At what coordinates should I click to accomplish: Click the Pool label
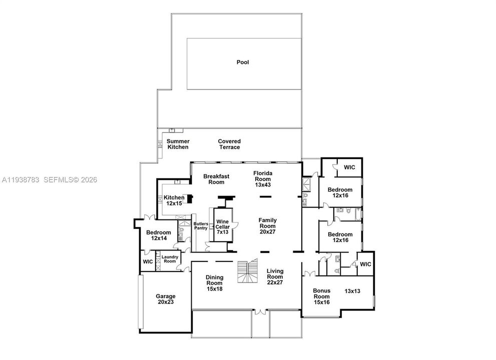tap(243, 62)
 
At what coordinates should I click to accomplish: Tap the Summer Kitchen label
tap(178, 144)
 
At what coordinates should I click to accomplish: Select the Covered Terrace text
tap(229, 144)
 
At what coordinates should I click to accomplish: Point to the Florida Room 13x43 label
tap(263, 179)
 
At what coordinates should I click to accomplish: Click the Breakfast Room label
tap(216, 179)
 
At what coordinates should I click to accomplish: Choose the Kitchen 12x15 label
tap(174, 200)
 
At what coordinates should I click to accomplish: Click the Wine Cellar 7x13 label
tap(222, 226)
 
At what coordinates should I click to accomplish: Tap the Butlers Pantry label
tap(201, 226)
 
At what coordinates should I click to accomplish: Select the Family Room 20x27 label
tap(268, 225)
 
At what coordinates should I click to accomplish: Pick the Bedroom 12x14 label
tap(159, 235)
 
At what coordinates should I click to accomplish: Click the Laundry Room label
tap(170, 259)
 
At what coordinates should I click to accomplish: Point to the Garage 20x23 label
tap(166, 299)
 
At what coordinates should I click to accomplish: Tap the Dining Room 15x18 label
tap(215, 283)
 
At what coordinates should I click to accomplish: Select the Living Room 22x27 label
tap(275, 276)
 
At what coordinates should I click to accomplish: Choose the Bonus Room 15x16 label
tap(322, 296)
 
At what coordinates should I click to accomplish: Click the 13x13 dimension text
tap(352, 291)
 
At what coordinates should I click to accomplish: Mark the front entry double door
tap(260, 312)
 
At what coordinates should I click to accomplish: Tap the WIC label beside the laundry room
tap(148, 261)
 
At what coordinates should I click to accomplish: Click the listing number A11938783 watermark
tap(21, 180)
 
